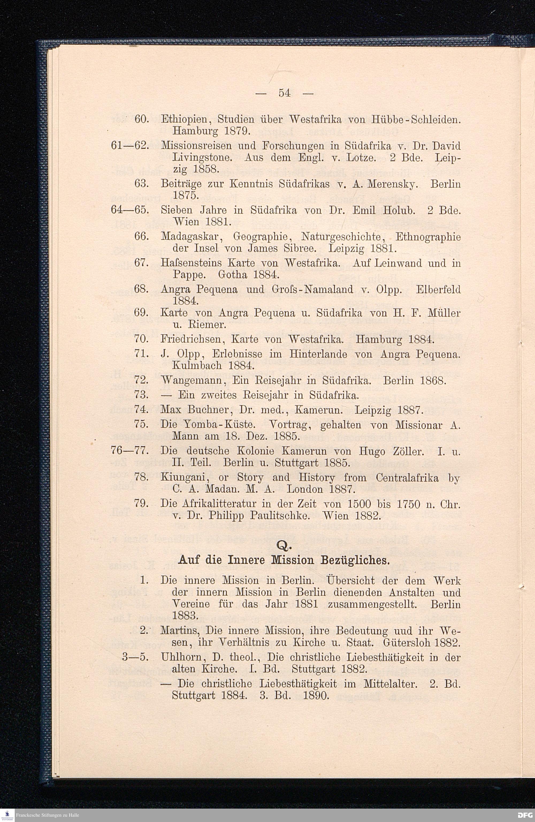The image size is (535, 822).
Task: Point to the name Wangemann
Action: (193, 381)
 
